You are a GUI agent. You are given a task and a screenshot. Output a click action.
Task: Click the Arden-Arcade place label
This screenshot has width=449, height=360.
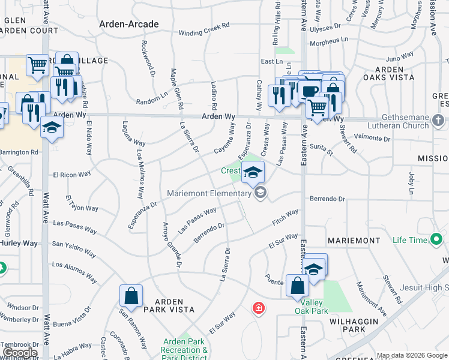(x=130, y=25)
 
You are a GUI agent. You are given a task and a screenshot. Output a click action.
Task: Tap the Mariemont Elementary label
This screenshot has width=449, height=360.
(x=209, y=193)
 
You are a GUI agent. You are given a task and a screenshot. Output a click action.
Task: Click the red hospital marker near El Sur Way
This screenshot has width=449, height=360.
(x=259, y=308)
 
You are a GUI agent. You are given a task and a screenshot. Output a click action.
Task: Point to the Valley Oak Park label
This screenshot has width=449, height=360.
(x=311, y=307)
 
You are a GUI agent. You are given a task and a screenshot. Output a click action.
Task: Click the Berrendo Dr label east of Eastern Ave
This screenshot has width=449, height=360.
(x=327, y=199)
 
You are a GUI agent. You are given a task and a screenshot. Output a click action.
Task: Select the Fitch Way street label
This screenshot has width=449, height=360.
(x=285, y=218)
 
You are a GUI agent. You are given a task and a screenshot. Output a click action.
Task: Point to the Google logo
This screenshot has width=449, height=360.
(x=20, y=353)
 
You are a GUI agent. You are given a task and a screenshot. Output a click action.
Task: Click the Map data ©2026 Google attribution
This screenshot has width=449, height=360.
(x=412, y=355)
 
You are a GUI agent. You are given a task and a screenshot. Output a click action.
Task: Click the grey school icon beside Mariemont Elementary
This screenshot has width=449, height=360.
(x=260, y=193)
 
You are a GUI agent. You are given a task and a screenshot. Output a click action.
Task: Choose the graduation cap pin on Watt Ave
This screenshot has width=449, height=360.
(x=52, y=128)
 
